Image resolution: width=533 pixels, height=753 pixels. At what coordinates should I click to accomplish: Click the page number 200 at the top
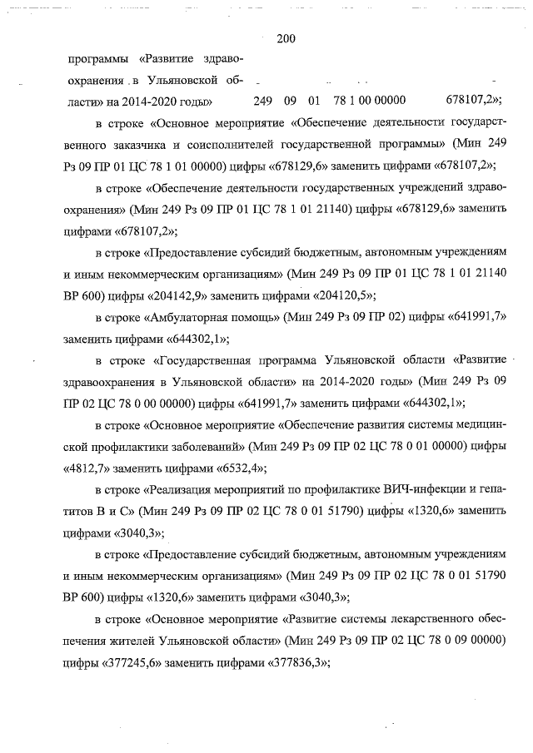286,37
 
